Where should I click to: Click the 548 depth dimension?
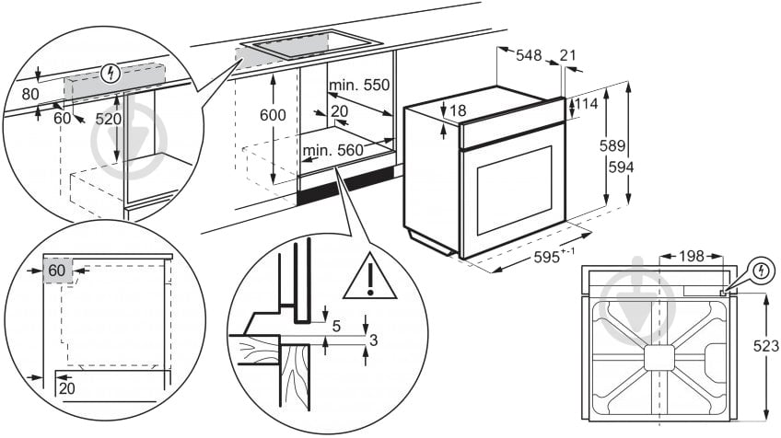(528, 56)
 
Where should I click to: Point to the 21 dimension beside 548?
(567, 56)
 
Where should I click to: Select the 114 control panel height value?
(587, 105)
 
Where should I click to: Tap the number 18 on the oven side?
(458, 111)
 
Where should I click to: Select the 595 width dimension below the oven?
(554, 259)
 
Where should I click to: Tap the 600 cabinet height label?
(273, 115)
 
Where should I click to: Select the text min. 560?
(332, 149)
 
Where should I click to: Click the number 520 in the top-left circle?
(109, 119)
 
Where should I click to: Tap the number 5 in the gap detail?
(336, 325)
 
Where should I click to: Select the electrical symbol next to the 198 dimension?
(762, 271)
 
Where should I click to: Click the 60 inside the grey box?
(57, 271)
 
